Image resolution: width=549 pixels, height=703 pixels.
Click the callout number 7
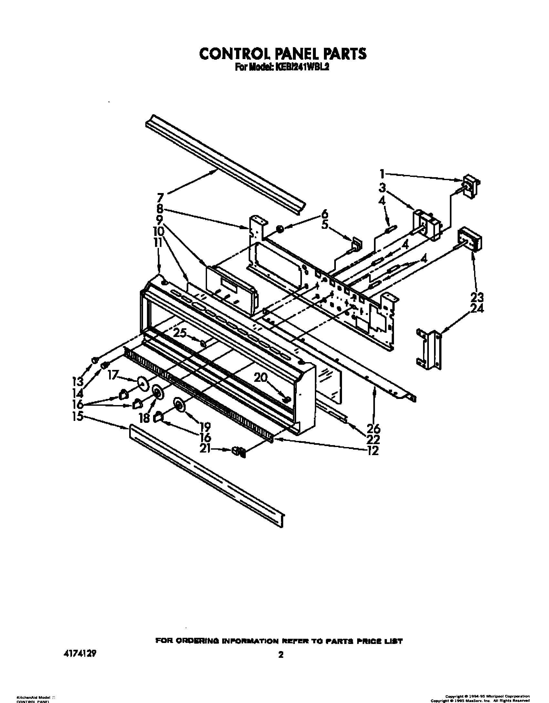point(161,197)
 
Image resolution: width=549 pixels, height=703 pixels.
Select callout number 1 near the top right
point(382,174)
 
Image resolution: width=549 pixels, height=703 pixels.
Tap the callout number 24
point(477,309)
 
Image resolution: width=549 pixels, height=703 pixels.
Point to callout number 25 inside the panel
point(180,333)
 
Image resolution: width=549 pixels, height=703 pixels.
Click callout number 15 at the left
point(78,416)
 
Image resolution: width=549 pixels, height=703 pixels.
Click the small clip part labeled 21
point(238,452)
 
